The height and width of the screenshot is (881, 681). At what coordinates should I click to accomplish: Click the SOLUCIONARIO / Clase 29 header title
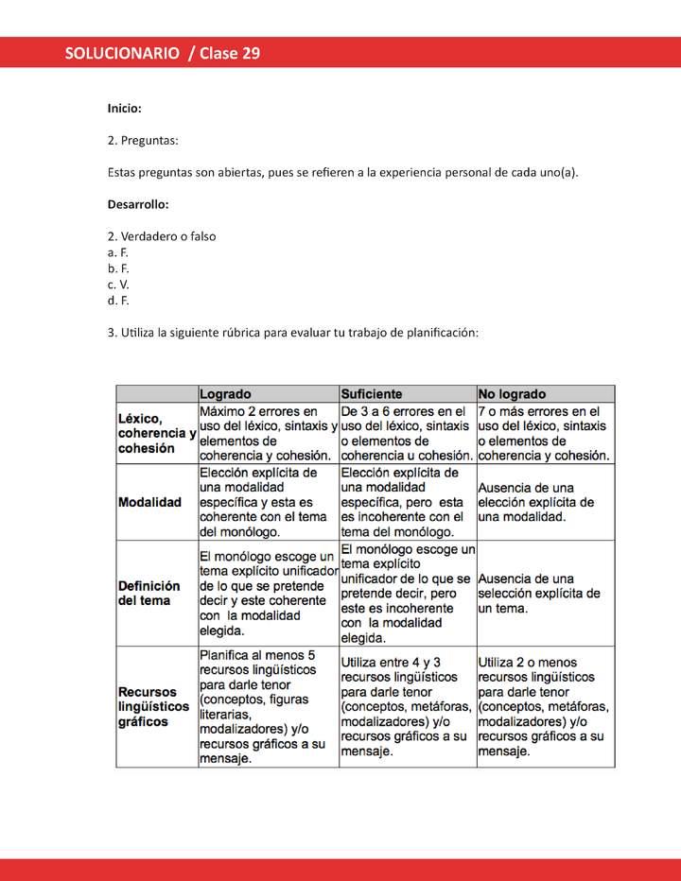163,53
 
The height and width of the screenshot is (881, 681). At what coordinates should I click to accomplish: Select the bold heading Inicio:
125,110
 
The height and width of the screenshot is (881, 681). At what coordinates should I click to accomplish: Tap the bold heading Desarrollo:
138,204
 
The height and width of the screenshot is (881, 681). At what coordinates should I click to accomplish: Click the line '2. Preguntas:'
143,141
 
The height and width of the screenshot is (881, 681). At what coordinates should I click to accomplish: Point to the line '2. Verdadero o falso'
162,236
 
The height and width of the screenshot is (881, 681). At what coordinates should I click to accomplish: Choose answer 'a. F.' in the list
118,252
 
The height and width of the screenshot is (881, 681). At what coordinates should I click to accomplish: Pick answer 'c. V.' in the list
118,285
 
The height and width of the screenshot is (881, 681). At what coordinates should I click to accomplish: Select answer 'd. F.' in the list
118,301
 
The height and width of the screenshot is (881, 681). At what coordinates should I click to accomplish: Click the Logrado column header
225,393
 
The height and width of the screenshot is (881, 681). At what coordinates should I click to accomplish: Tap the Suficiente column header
372,393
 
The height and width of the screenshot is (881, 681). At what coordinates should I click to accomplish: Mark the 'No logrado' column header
512,393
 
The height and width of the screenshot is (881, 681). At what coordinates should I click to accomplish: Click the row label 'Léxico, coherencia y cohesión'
156,433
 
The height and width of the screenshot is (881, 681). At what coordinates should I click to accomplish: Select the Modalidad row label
149,502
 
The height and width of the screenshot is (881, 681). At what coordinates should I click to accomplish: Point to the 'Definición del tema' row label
149,593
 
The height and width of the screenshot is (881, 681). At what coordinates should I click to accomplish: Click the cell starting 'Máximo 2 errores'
269,433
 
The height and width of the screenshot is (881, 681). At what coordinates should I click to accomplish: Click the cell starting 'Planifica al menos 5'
269,706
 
